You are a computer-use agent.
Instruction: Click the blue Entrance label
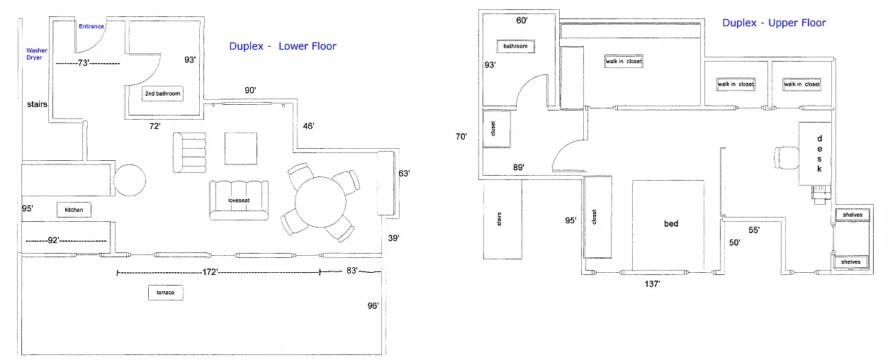pyautogui.click(x=91, y=27)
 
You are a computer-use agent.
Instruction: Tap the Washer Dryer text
pyautogui.click(x=37, y=54)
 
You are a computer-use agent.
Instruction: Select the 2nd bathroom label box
pyautogui.click(x=163, y=94)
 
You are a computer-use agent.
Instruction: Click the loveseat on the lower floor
pyautogui.click(x=239, y=201)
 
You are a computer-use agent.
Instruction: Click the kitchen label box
pyautogui.click(x=74, y=210)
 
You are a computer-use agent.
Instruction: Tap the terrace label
pyautogui.click(x=165, y=293)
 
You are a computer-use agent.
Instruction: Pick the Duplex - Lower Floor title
pyautogui.click(x=283, y=47)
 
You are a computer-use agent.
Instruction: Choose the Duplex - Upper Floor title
pyautogui.click(x=774, y=23)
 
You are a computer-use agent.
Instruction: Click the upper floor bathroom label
pyautogui.click(x=515, y=46)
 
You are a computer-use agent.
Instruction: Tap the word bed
pyautogui.click(x=671, y=224)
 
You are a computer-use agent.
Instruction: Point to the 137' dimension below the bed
pyautogui.click(x=652, y=285)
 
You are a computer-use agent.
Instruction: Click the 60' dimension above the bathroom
pyautogui.click(x=522, y=21)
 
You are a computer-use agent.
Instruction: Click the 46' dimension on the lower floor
pyautogui.click(x=308, y=125)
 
